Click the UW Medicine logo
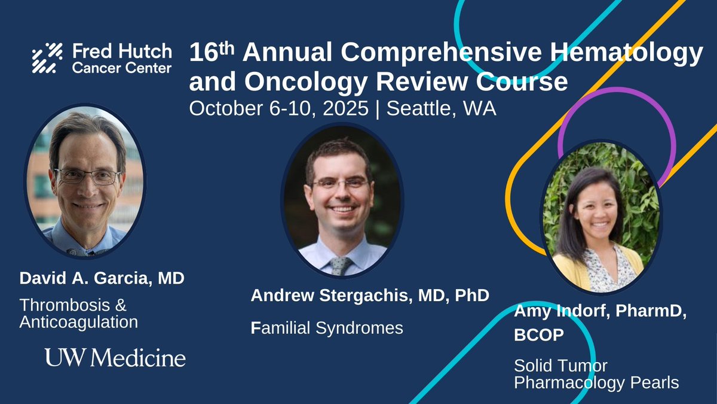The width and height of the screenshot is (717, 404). pos(115,358)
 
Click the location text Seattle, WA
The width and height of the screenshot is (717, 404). pos(441,109)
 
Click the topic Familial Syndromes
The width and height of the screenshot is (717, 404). pos(327,328)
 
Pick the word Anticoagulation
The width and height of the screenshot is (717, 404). pos(79,322)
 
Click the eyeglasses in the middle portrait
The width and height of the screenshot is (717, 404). pos(341,183)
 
